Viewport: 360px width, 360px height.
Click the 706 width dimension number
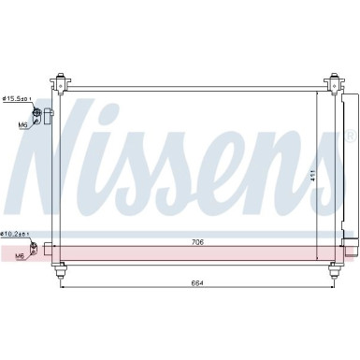pos(196,242)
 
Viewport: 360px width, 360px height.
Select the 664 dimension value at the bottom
pos(196,283)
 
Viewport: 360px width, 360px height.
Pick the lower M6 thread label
pos(20,254)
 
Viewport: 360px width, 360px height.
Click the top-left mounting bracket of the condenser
pos(62,82)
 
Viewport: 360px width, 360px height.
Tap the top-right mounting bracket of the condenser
pos(332,82)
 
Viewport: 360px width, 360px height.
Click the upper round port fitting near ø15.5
pos(38,114)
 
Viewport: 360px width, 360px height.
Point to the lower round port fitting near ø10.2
pos(38,248)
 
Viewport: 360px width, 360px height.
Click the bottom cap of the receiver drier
pos(353,247)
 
